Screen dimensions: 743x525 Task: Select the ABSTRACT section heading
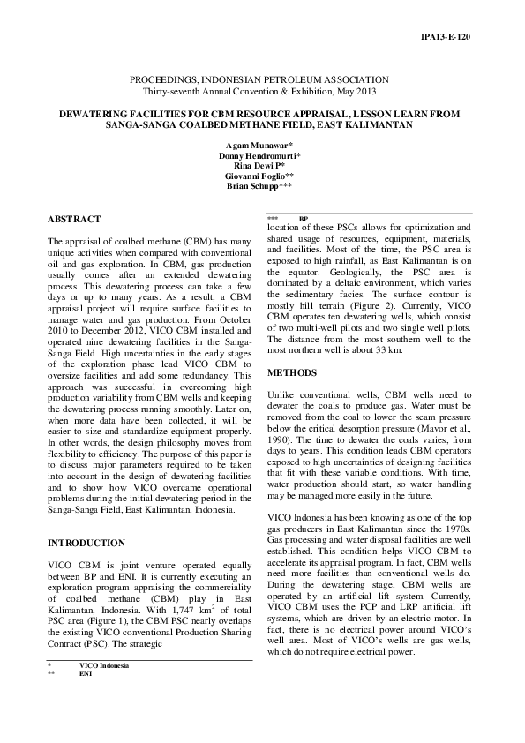(73, 219)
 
